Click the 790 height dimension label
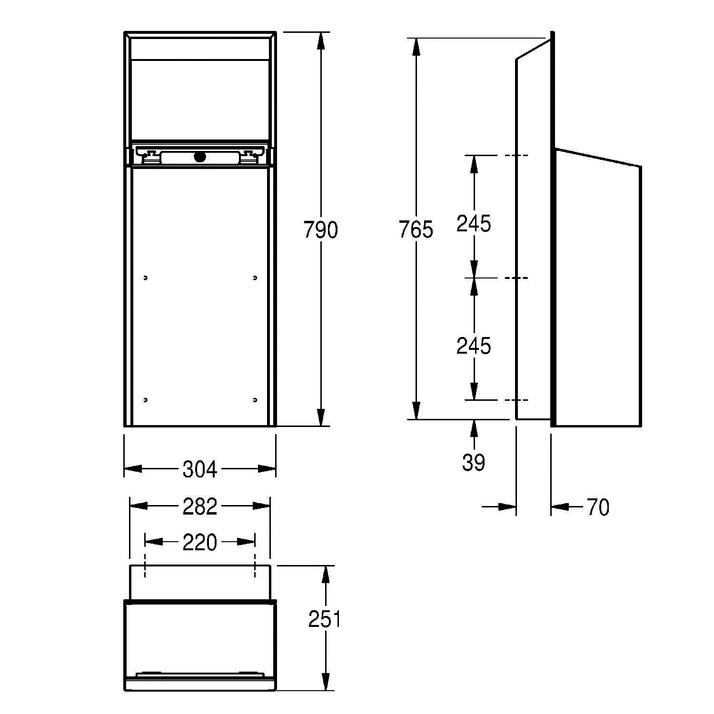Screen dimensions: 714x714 (321, 230)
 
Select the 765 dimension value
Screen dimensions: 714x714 (416, 230)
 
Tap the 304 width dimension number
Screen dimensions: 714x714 (200, 469)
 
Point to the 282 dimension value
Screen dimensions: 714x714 (200, 506)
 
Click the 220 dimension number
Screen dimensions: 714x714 (200, 542)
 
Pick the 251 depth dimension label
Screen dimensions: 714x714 (325, 619)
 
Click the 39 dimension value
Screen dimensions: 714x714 (474, 462)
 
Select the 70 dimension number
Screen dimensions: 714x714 (598, 507)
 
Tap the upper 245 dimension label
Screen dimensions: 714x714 (474, 223)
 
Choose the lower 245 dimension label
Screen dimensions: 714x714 (474, 346)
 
